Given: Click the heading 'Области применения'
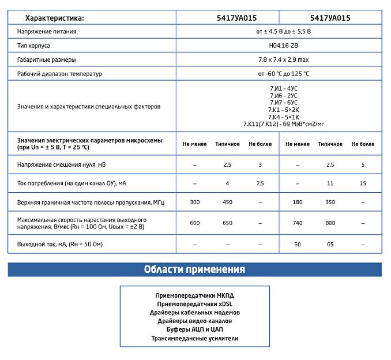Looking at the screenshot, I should coord(194,269).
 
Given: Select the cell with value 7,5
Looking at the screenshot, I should coord(260,183).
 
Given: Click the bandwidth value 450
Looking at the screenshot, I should coord(227,202).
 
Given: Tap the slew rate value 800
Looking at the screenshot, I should coord(330,223).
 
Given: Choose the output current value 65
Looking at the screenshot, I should coord(330,245).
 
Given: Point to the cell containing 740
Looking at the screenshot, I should coord(298,223).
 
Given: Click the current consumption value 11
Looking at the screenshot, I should coord(330,183).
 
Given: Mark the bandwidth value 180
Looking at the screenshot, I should coord(298,202).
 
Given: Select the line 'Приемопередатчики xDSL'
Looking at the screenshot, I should coord(194,303).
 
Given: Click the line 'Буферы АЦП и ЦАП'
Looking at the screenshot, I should coord(194,329).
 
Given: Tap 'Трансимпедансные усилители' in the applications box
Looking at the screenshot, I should coord(194,339).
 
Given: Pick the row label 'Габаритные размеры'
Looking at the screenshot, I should coord(47,59).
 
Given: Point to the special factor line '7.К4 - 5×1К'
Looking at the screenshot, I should coord(283,116).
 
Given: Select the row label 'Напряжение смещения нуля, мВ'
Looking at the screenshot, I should coord(62,165).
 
